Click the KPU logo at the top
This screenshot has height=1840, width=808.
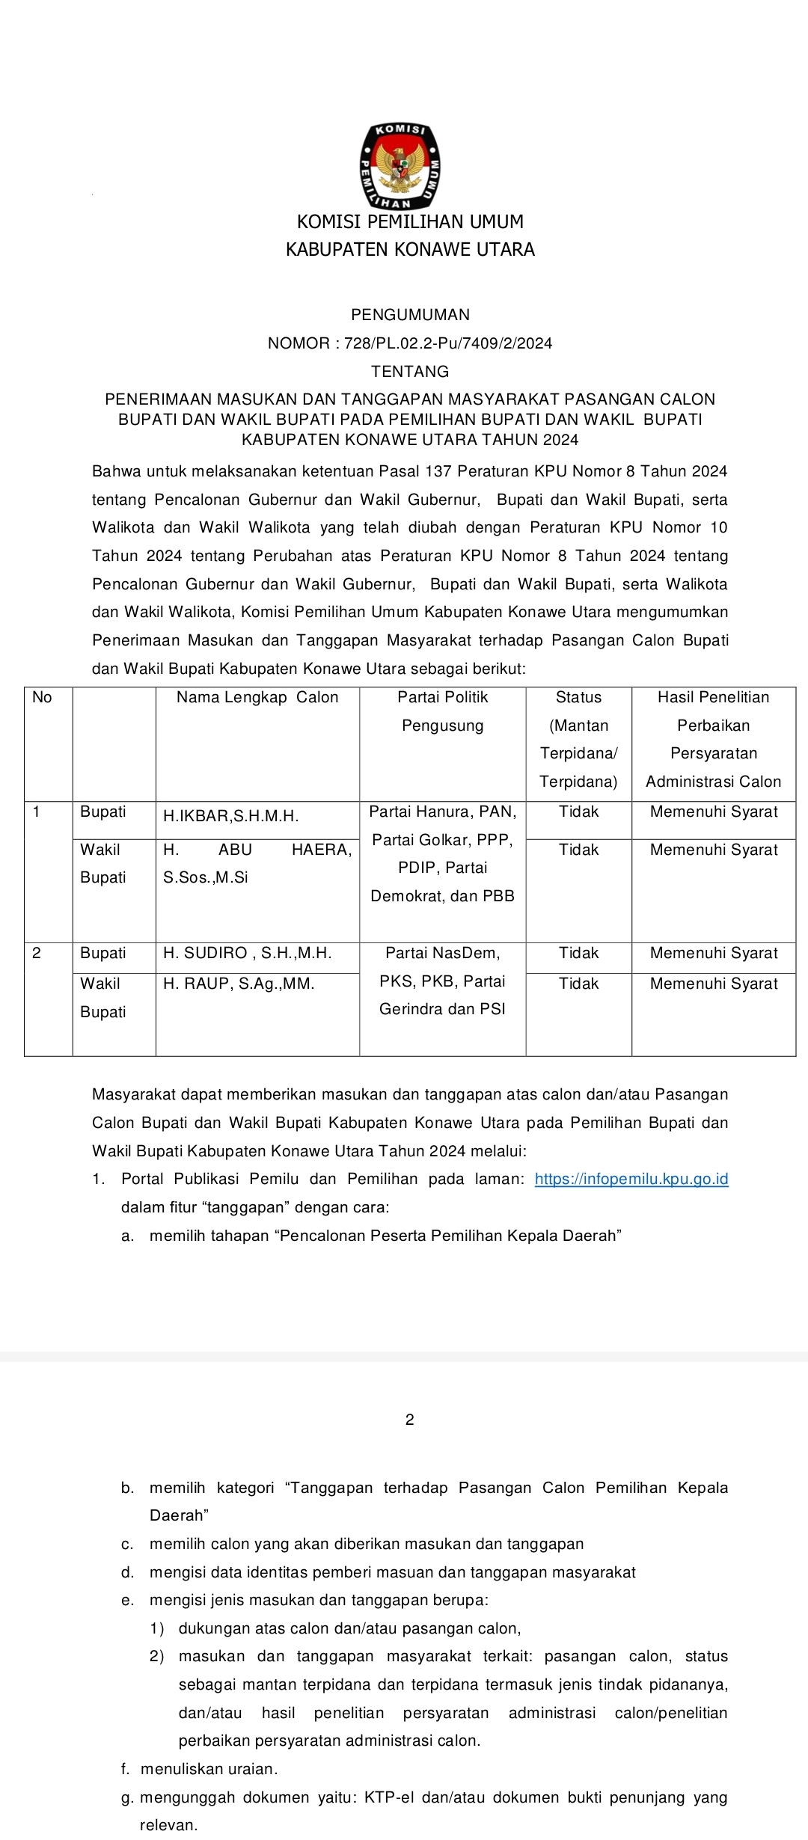pyautogui.click(x=400, y=166)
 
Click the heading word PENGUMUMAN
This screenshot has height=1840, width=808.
pyautogui.click(x=410, y=315)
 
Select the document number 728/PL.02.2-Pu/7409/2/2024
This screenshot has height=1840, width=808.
pyautogui.click(x=448, y=343)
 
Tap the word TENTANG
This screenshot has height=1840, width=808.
pyautogui.click(x=410, y=372)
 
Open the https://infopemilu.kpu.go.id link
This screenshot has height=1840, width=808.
pyautogui.click(x=631, y=1180)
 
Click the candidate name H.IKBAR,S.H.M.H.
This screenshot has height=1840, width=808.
pyautogui.click(x=231, y=816)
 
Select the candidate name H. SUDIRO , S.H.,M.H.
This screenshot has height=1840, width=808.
pyautogui.click(x=248, y=953)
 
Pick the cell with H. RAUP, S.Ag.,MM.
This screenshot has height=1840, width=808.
pyautogui.click(x=239, y=984)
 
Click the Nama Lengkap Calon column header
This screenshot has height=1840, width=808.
pyautogui.click(x=257, y=697)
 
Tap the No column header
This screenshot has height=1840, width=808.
pyautogui.click(x=42, y=697)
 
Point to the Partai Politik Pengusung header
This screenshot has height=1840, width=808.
pyautogui.click(x=442, y=711)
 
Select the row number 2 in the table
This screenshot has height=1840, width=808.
pyautogui.click(x=37, y=953)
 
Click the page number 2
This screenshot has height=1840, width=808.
pyautogui.click(x=409, y=1420)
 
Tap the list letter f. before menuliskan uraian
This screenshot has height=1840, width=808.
pyautogui.click(x=126, y=1769)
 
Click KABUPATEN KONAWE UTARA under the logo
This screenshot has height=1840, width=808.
pyautogui.click(x=410, y=250)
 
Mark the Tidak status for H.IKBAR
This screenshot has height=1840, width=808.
pyautogui.click(x=578, y=812)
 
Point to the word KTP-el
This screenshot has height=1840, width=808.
pyautogui.click(x=388, y=1797)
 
